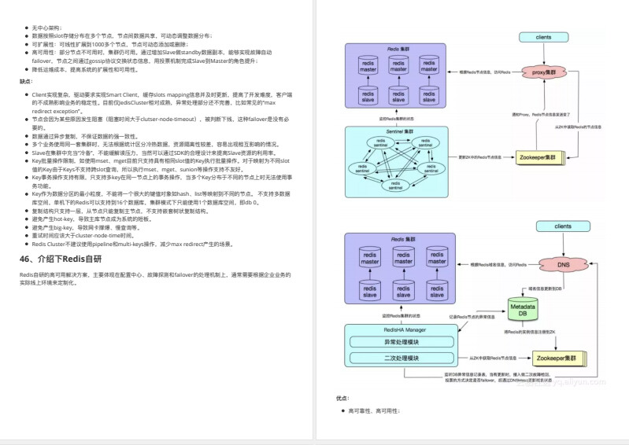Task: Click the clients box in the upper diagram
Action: coord(543,37)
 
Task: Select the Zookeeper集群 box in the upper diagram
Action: coord(542,156)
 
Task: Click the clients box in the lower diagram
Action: coord(563,226)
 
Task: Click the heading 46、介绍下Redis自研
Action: coord(61,259)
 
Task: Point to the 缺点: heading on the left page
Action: coord(26,81)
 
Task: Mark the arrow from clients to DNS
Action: coord(563,242)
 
